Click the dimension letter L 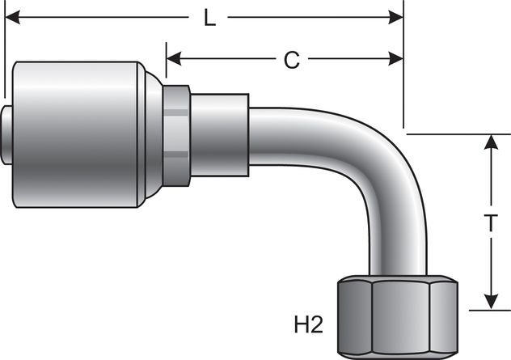[x=209, y=18]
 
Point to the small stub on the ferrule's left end [x=8, y=133]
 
